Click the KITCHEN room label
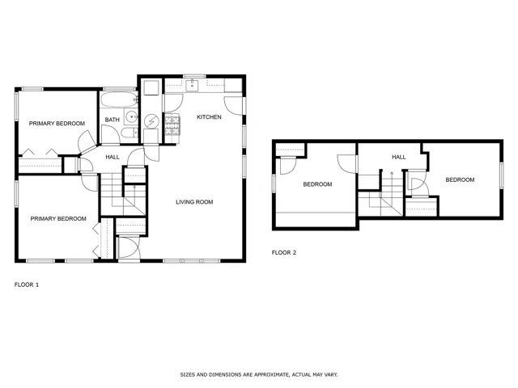click(x=209, y=116)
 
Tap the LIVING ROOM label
click(x=194, y=202)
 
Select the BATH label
click(x=112, y=120)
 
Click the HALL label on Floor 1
click(x=113, y=157)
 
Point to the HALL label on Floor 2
click(x=399, y=157)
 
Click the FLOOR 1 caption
click(x=27, y=285)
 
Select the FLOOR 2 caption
click(x=284, y=253)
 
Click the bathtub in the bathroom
click(x=119, y=99)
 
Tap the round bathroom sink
click(x=132, y=116)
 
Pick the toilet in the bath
click(x=129, y=133)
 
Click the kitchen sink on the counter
click(x=192, y=85)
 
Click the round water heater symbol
click(x=151, y=122)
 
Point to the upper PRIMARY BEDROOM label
click(x=57, y=124)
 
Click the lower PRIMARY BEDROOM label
click(x=58, y=219)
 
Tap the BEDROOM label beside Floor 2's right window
click(x=460, y=179)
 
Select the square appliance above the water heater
click(x=151, y=88)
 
